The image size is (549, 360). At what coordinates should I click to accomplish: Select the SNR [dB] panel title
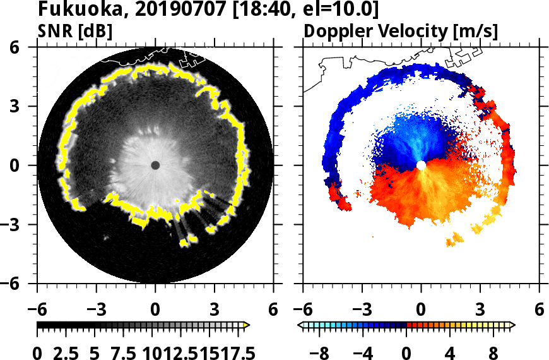(x=74, y=31)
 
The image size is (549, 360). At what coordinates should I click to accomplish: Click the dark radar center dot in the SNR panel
(x=155, y=165)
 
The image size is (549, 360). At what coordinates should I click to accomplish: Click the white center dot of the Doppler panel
(x=421, y=165)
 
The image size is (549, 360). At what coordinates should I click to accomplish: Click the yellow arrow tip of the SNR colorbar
(x=247, y=325)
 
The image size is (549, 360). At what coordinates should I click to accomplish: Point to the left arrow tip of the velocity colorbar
(x=301, y=325)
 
